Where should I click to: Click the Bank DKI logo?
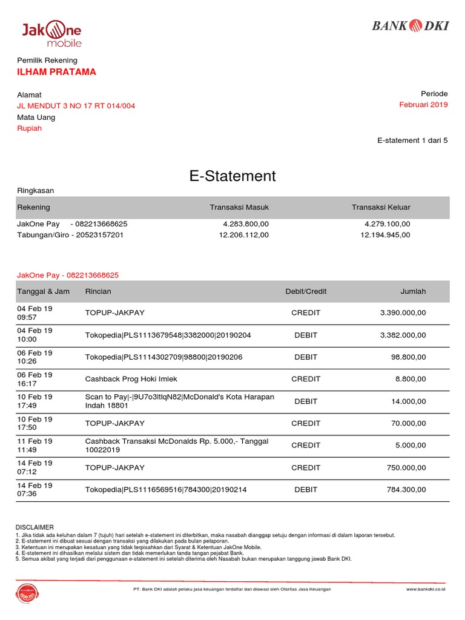[x=409, y=25]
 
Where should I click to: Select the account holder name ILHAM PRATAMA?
[x=56, y=72]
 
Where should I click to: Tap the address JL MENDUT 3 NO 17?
[x=76, y=105]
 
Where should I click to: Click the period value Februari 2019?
[x=423, y=105]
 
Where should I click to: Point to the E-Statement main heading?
[x=232, y=176]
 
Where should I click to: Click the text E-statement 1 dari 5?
[x=412, y=140]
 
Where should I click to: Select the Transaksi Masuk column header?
[x=239, y=207]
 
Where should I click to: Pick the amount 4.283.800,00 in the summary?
[x=246, y=224]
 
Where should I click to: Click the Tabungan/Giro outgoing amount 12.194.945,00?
[x=385, y=235]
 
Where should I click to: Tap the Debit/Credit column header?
[x=306, y=291]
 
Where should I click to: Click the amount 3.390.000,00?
[x=403, y=313]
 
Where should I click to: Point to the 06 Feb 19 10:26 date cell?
[x=35, y=357]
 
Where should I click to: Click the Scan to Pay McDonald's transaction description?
[x=179, y=401]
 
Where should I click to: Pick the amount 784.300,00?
[x=406, y=489]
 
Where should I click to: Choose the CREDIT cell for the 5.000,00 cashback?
[x=306, y=445]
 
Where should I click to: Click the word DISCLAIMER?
[x=35, y=527]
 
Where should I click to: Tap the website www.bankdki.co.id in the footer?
[x=426, y=589]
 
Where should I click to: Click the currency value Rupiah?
[x=30, y=128]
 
